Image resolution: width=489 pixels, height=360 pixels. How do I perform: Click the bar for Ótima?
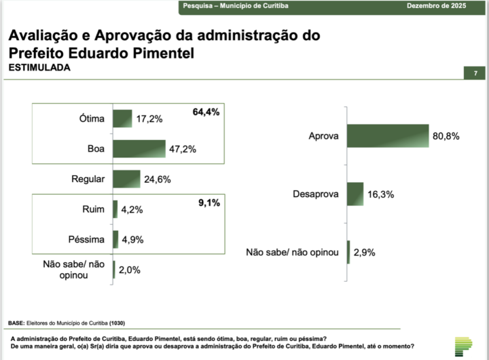pyautogui.click(x=122, y=119)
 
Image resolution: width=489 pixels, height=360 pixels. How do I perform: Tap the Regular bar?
pyautogui.click(x=126, y=179)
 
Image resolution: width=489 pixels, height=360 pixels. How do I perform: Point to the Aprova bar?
pyautogui.click(x=387, y=136)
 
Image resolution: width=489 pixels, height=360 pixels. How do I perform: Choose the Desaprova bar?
pyautogui.click(x=355, y=194)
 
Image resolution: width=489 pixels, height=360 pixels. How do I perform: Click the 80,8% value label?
pyautogui.click(x=446, y=136)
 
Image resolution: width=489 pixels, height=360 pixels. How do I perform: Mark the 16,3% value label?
pyautogui.click(x=382, y=194)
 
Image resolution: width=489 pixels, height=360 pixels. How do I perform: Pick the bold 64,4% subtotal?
pyautogui.click(x=206, y=112)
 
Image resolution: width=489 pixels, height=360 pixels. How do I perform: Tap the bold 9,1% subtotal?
pyautogui.click(x=209, y=202)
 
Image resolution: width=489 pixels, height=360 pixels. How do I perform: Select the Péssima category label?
pyautogui.click(x=87, y=240)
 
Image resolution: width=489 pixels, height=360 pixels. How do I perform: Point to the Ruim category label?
pyautogui.click(x=92, y=210)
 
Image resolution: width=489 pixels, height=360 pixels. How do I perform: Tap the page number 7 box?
pyautogui.click(x=475, y=73)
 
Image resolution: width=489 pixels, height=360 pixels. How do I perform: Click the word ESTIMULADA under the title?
pyautogui.click(x=39, y=69)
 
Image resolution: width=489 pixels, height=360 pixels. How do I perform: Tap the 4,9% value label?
pyautogui.click(x=132, y=240)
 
